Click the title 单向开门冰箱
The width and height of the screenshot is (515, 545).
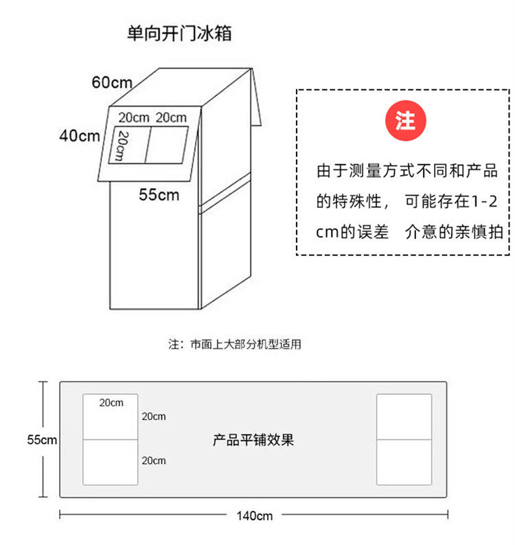[179, 34]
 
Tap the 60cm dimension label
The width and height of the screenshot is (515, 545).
[112, 82]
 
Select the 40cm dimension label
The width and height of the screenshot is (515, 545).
[80, 135]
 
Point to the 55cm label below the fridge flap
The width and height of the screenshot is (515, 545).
[159, 195]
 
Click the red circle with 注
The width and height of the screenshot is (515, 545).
[405, 121]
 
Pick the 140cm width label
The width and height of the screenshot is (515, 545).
[255, 515]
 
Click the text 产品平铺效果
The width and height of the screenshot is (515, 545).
[253, 440]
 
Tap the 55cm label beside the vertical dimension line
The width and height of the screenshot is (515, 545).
[42, 440]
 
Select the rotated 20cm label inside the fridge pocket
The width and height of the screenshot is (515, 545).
[122, 146]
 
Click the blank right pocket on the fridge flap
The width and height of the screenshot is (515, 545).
[167, 145]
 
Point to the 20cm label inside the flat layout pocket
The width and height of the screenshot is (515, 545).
[111, 402]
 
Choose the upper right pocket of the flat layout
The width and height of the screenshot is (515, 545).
[404, 417]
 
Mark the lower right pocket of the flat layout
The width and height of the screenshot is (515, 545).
[404, 462]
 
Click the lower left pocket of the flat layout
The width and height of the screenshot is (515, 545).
[111, 462]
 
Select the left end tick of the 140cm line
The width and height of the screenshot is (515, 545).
[60, 514]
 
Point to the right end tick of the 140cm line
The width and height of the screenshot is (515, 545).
[448, 514]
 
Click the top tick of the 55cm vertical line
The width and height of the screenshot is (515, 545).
[43, 382]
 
